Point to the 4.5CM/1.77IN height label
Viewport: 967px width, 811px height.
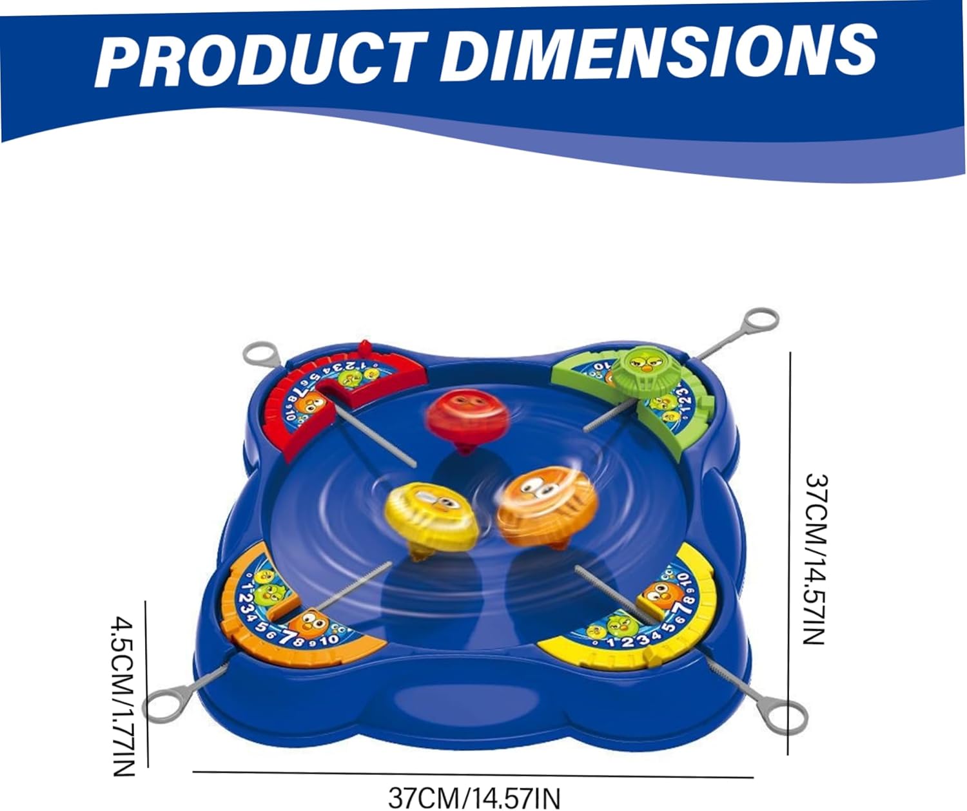(124, 696)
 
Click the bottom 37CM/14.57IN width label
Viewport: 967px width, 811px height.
(474, 797)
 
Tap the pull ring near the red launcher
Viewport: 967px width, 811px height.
(261, 354)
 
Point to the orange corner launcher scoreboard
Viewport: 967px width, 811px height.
(290, 612)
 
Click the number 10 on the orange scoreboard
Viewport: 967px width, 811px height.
(328, 640)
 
